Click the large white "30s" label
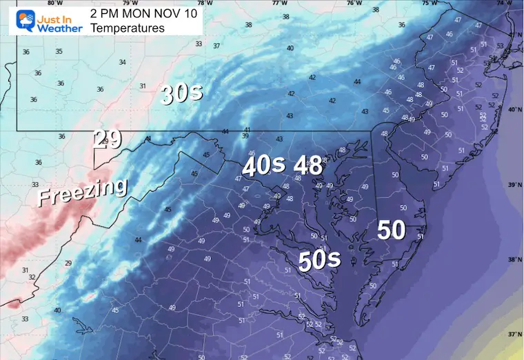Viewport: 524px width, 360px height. (181, 94)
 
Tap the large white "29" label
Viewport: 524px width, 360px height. (108, 139)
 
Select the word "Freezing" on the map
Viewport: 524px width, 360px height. (82, 191)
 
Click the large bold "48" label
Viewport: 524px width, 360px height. (308, 166)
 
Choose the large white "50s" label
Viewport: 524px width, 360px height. (319, 260)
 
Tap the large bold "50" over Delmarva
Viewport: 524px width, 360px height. (391, 230)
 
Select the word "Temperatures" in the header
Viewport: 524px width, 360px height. (129, 28)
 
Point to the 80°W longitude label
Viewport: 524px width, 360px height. (46, 3)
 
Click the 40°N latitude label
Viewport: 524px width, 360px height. (514, 110)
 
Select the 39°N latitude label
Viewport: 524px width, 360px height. (514, 185)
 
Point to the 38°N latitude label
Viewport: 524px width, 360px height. (514, 260)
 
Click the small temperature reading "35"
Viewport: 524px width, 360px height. (59, 52)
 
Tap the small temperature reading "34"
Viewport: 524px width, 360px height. (122, 62)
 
